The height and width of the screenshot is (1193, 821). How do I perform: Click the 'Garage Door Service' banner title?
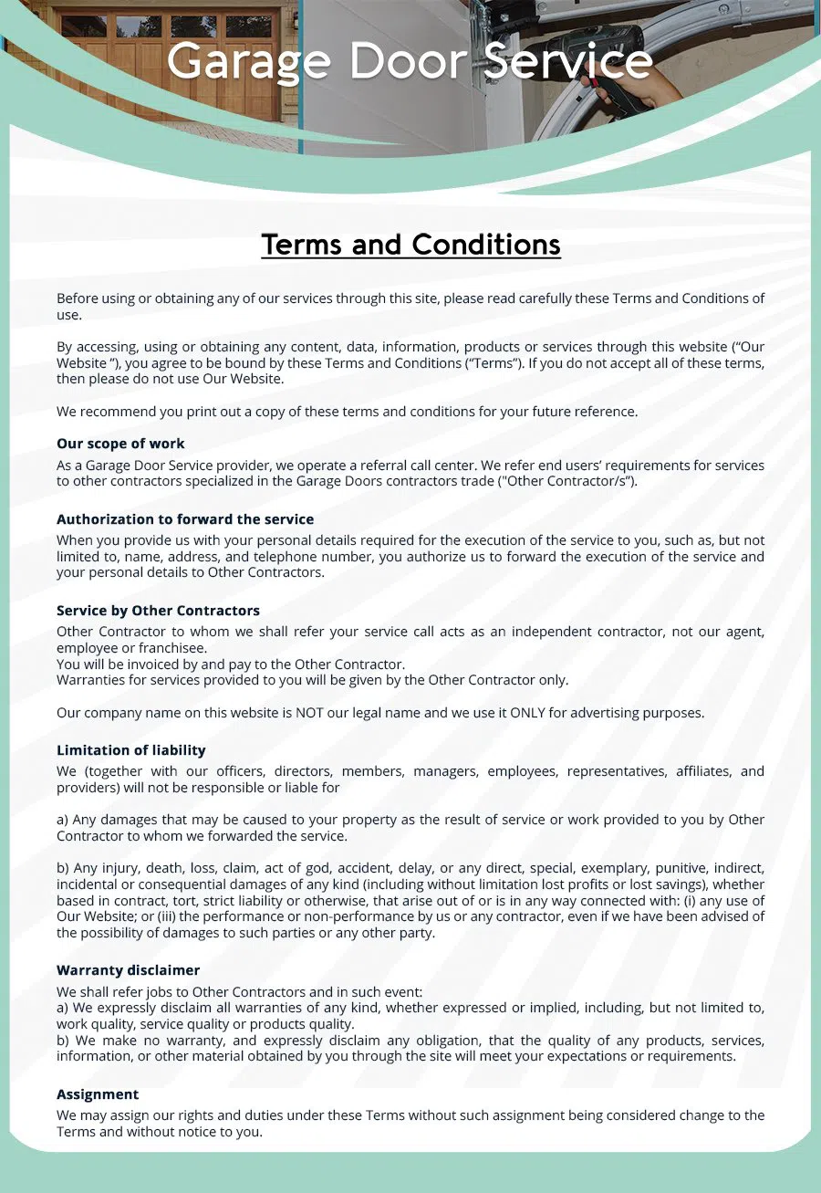[x=410, y=61]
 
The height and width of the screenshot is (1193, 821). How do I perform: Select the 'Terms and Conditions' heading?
[x=410, y=245]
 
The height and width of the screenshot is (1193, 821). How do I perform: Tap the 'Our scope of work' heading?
[x=120, y=444]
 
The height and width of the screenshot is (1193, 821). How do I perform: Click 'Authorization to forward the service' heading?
[x=185, y=519]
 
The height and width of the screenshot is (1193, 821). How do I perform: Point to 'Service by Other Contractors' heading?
[x=158, y=611]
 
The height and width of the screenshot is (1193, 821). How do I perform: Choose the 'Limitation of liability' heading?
[x=131, y=750]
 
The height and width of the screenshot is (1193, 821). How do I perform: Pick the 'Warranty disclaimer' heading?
[x=128, y=970]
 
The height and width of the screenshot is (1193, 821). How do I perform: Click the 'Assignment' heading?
[x=98, y=1094]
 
